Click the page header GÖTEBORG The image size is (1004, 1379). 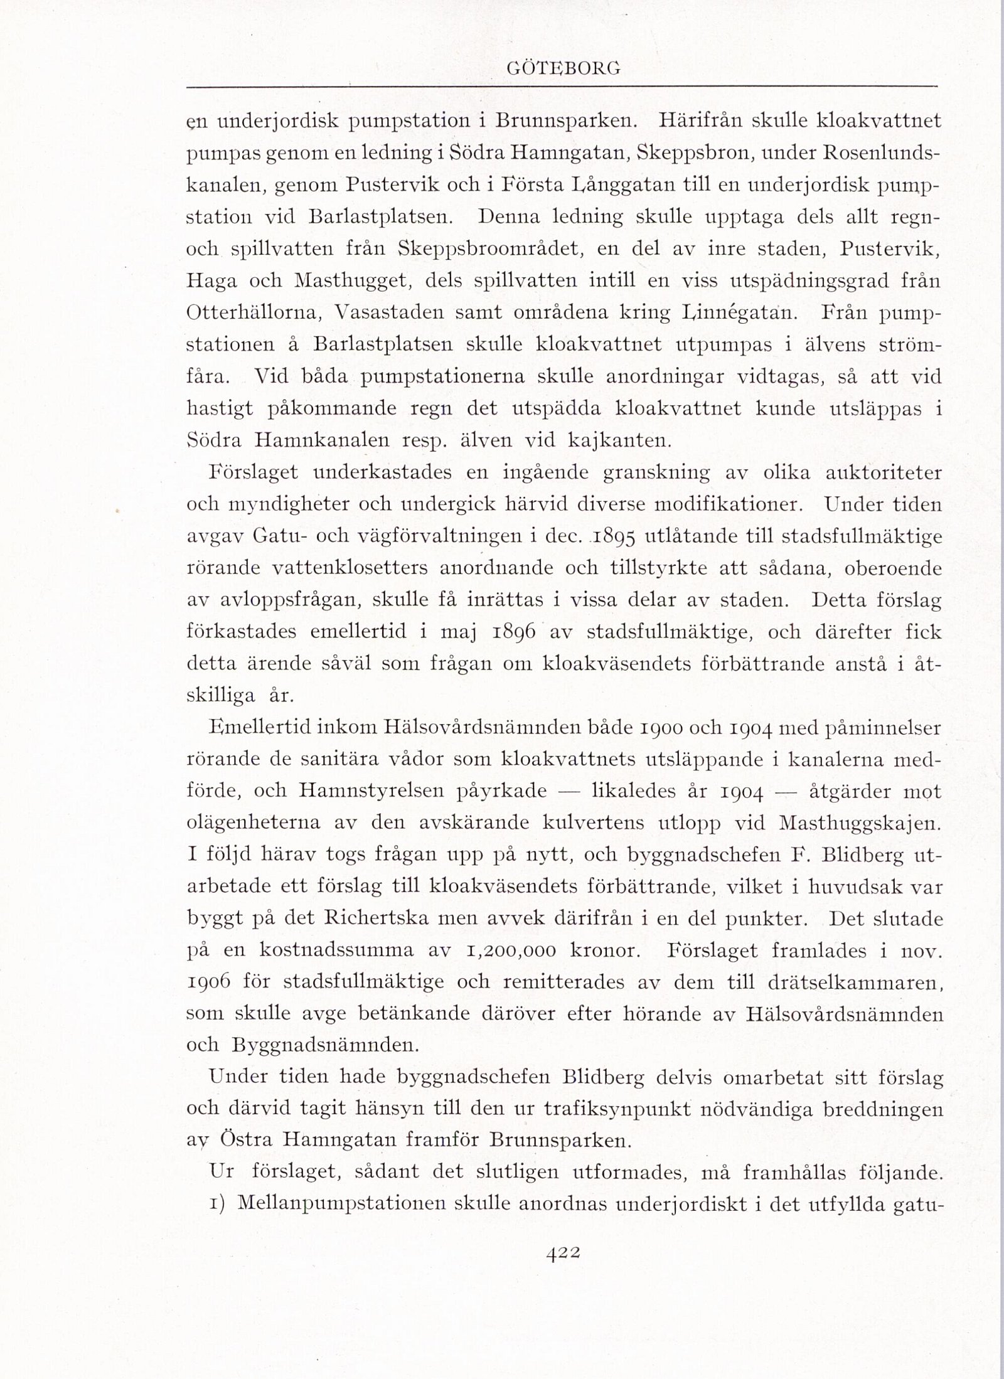pyautogui.click(x=563, y=70)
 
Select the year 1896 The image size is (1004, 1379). pyautogui.click(x=513, y=632)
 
